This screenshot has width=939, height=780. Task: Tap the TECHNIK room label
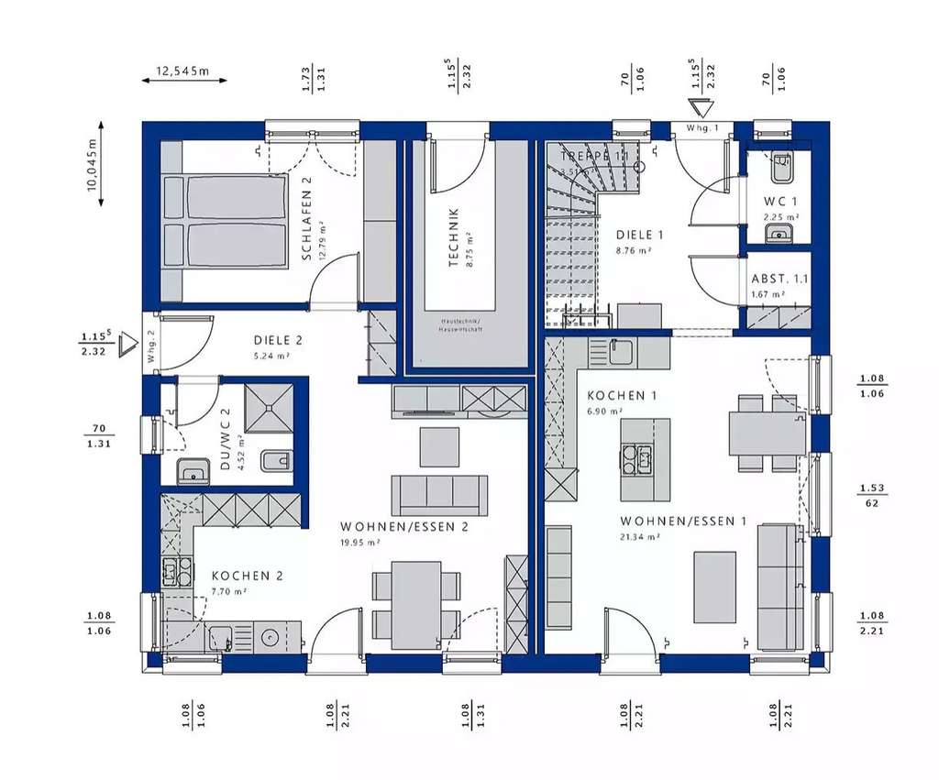point(453,237)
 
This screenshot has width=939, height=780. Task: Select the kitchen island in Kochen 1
point(646,447)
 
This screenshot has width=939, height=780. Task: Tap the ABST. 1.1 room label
point(779,279)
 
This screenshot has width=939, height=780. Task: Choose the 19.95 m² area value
point(360,542)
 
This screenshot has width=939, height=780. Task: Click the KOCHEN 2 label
point(247,576)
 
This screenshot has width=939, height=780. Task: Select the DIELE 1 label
point(639,235)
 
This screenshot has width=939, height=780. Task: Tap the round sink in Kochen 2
point(270,636)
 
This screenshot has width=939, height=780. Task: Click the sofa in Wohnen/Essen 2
point(439,495)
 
